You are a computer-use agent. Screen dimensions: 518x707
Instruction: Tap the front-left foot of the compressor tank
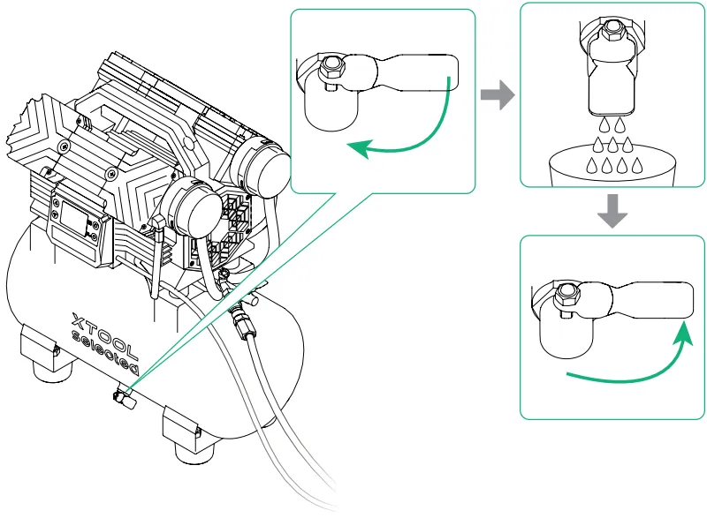click(41, 353)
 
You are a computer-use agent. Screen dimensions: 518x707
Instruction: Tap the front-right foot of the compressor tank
click(189, 437)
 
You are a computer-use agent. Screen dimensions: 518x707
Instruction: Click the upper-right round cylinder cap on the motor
click(263, 168)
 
